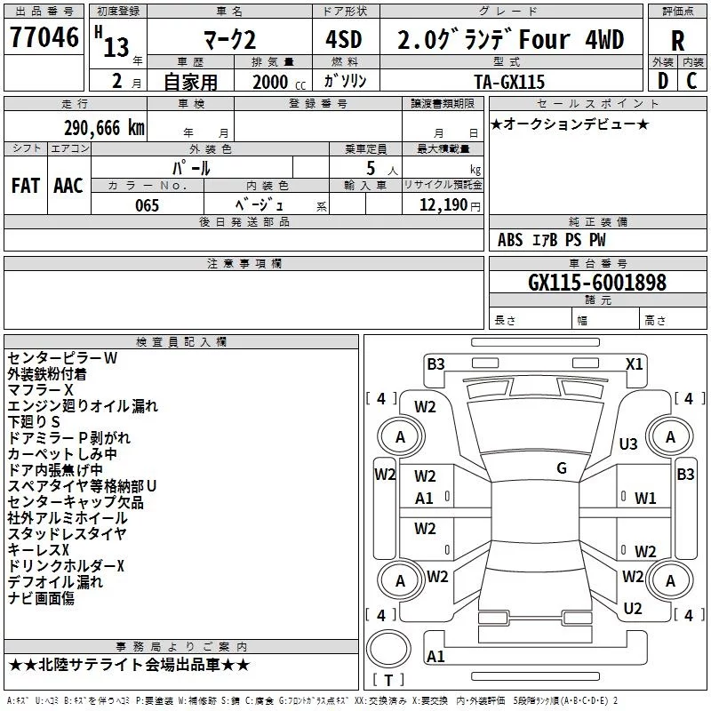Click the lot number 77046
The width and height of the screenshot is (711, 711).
(44, 38)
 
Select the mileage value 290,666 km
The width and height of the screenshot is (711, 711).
(104, 128)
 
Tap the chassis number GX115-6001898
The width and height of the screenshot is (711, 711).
(597, 283)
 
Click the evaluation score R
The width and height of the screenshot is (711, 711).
(677, 40)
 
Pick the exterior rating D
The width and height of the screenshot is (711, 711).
(662, 81)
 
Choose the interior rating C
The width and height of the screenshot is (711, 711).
(691, 81)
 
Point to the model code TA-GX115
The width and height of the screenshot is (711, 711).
(509, 81)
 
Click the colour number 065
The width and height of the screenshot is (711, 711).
(148, 205)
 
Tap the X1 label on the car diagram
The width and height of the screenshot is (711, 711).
(635, 363)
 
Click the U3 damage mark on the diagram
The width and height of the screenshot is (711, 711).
(628, 443)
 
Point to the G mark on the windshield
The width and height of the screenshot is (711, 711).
(562, 468)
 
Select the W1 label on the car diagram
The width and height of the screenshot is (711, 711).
(645, 499)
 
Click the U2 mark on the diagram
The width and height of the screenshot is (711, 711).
(633, 608)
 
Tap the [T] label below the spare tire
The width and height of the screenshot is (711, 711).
(388, 681)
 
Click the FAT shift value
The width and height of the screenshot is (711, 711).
(25, 185)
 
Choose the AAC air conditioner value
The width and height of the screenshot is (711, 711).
(68, 185)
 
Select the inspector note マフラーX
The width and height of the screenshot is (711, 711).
(41, 390)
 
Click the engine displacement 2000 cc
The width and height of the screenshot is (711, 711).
(270, 82)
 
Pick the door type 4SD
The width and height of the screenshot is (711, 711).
(345, 40)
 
